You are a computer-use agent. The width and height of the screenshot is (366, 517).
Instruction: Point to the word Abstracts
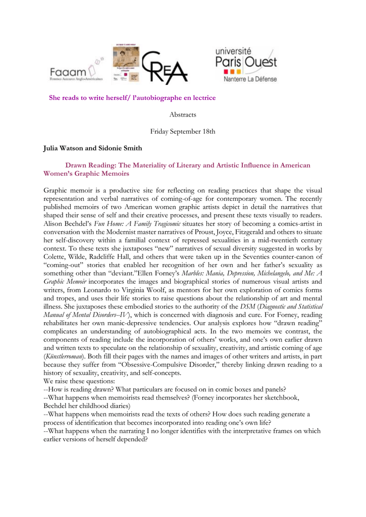183,115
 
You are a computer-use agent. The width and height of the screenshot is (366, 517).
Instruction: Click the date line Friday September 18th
183,131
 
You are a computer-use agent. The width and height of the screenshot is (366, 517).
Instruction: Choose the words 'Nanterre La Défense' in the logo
250,79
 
